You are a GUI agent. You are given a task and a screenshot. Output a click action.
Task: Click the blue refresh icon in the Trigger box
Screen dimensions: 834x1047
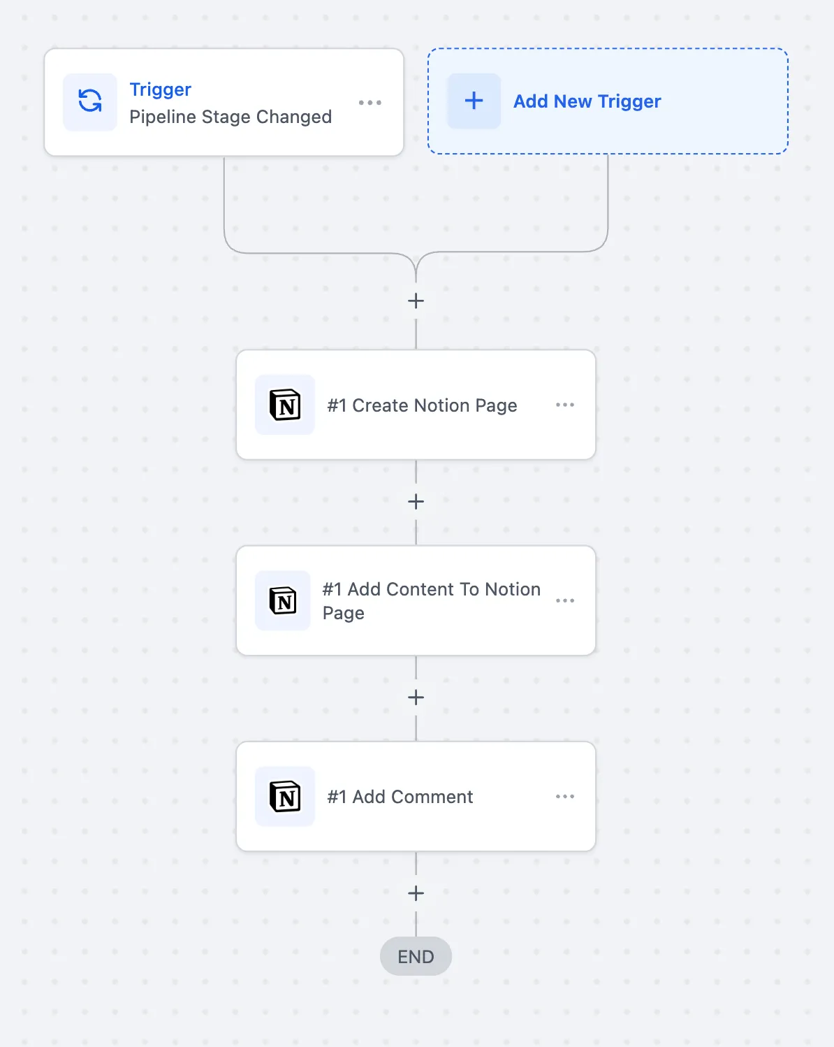tap(90, 101)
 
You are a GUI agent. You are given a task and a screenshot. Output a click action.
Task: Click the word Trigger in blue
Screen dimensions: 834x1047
tap(161, 89)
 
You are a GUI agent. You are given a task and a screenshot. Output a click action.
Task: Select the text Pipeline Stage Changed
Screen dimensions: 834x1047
tap(231, 117)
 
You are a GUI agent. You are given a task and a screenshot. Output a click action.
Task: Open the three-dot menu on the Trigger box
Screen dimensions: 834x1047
tap(370, 102)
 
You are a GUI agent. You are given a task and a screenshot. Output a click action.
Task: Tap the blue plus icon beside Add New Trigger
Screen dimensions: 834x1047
tap(474, 101)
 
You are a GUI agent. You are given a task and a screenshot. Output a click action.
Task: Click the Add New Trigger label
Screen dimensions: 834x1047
tap(587, 101)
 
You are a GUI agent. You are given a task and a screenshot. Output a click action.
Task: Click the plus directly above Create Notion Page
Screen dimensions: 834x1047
tap(416, 301)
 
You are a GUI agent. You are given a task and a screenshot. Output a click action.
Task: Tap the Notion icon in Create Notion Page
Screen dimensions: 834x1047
tap(285, 404)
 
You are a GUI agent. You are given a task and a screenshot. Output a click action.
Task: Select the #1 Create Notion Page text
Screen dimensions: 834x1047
tap(422, 405)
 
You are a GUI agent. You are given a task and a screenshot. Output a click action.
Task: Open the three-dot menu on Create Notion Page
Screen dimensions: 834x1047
tap(565, 405)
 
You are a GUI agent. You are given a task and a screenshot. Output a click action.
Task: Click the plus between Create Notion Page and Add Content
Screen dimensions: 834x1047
tap(416, 502)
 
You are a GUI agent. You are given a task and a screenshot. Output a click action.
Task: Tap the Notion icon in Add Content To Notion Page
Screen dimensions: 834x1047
tap(283, 600)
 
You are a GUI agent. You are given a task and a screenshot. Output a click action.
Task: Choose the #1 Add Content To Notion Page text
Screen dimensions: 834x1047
tap(432, 601)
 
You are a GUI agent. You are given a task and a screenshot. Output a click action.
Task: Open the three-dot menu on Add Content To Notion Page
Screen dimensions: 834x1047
tap(565, 600)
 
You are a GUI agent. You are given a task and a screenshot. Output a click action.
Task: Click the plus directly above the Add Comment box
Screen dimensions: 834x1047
tap(416, 698)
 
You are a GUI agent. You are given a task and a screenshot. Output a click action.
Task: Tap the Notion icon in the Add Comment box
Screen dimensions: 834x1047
tap(285, 797)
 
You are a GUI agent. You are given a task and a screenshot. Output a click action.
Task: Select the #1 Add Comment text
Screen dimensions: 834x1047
tap(400, 797)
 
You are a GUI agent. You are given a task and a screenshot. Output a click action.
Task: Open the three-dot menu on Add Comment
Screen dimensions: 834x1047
tap(565, 797)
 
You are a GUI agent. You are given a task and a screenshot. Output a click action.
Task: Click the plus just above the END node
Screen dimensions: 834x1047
tap(416, 893)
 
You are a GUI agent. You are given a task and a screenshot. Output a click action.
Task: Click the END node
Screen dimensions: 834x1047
tap(416, 956)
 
